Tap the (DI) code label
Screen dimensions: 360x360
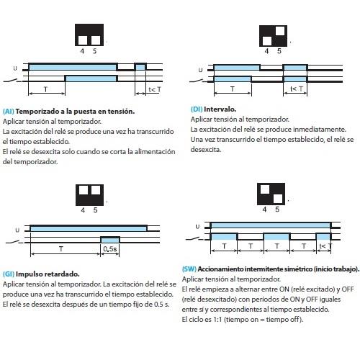click(x=197, y=109)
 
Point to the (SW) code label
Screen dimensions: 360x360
click(x=191, y=269)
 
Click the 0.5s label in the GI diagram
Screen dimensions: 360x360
click(x=111, y=248)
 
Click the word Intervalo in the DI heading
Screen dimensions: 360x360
click(x=220, y=109)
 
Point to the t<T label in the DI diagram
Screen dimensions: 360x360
click(x=295, y=89)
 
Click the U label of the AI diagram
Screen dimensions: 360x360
click(x=16, y=67)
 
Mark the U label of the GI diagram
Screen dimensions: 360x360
click(x=16, y=230)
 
